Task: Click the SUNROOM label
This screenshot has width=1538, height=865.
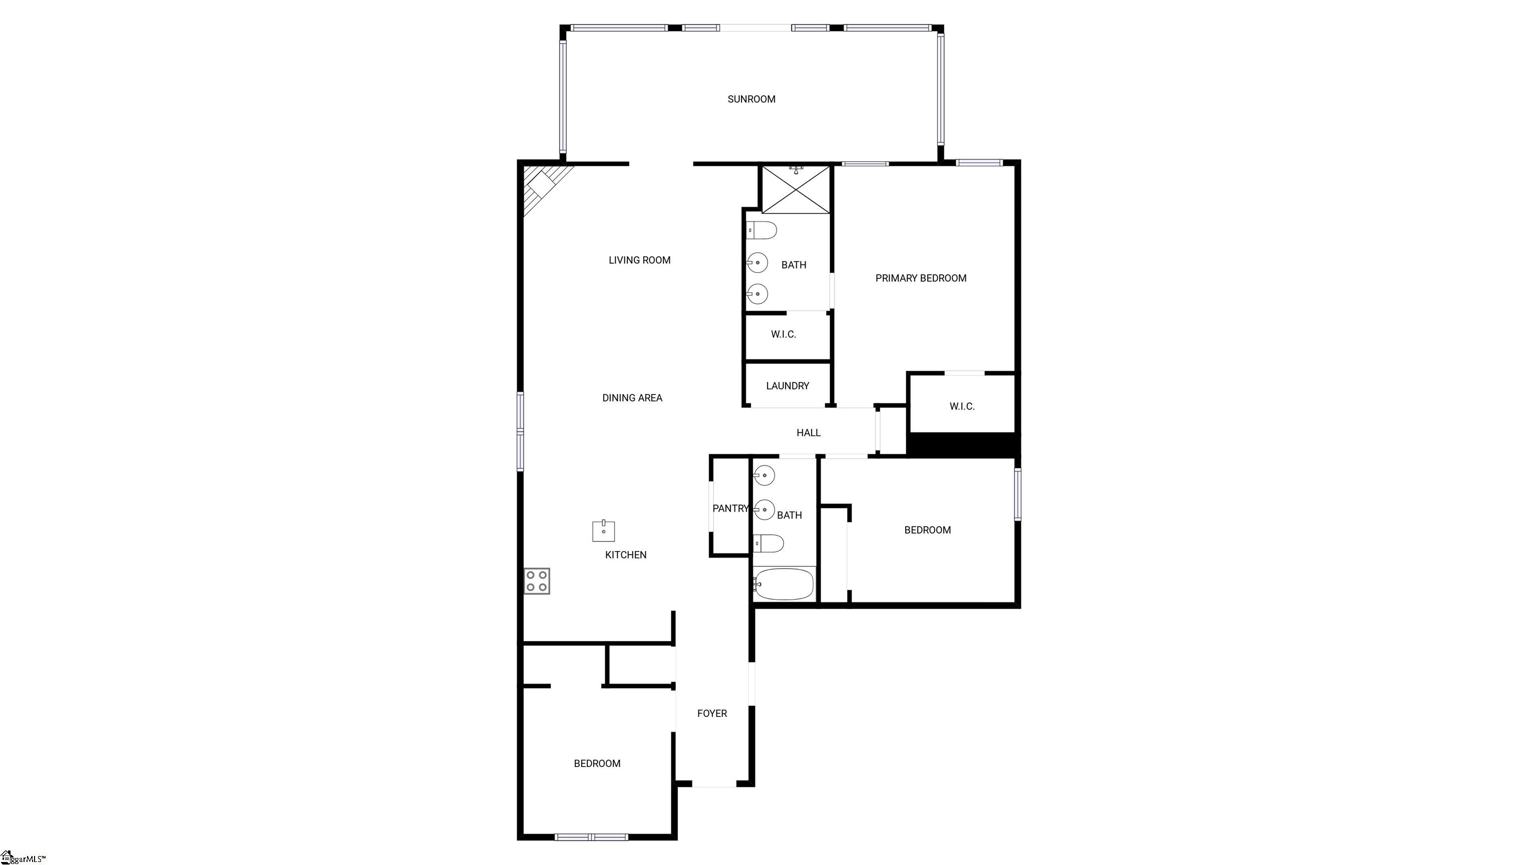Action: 751,99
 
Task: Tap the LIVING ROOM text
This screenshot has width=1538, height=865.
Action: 639,260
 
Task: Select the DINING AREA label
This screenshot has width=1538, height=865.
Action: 632,397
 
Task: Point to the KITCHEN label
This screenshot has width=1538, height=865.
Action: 626,555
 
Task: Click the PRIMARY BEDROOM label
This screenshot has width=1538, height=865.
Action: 921,278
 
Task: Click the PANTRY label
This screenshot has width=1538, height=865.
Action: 730,508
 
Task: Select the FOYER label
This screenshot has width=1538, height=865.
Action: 712,713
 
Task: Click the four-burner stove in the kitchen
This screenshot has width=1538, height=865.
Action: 537,581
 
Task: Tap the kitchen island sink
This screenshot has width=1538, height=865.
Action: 604,531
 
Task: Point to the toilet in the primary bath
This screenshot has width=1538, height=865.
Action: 762,230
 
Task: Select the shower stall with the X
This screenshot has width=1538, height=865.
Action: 796,189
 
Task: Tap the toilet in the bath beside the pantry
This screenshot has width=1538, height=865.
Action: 768,543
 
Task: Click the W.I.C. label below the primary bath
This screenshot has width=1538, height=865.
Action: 784,334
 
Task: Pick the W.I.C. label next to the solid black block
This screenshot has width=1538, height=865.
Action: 962,406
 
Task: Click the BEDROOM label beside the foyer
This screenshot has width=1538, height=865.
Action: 597,763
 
